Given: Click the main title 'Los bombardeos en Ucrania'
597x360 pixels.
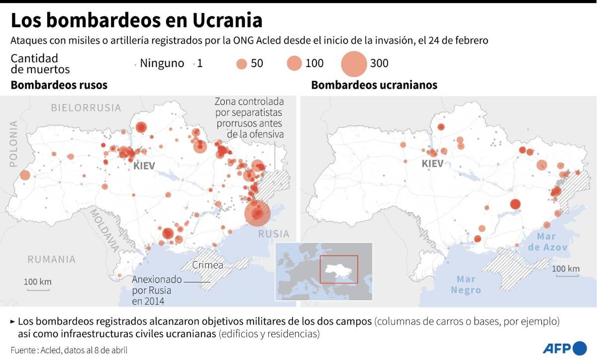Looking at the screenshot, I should [136, 21].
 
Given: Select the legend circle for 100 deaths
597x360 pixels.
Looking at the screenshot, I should [295, 64].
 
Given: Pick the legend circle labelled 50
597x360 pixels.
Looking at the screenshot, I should [242, 64].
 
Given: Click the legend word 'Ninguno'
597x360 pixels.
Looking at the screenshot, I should [162, 64].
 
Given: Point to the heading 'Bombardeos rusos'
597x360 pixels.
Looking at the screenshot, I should [59, 85].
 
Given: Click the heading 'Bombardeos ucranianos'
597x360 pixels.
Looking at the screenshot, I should [374, 85].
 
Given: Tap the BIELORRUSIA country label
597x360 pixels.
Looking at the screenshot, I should [86, 107].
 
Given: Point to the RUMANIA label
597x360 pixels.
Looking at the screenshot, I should [51, 259].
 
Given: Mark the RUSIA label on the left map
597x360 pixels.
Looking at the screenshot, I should [273, 234].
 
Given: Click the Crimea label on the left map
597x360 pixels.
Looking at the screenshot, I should [207, 265].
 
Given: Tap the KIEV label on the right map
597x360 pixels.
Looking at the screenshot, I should [432, 164].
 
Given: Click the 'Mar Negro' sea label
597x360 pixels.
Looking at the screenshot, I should [466, 285].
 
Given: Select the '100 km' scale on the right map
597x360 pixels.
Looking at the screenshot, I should [566, 269].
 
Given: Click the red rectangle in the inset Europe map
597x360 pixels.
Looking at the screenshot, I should [339, 269].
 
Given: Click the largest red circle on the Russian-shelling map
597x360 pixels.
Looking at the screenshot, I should [257, 213].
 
